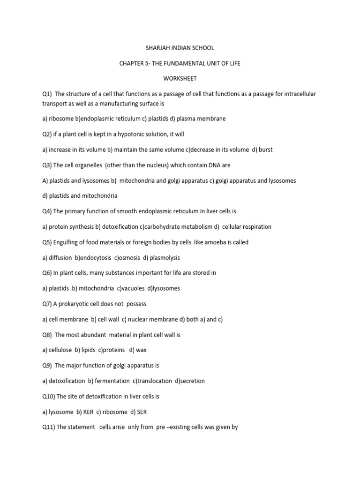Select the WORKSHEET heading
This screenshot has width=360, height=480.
pos(180,79)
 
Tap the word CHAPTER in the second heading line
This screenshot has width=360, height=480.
pos(134,63)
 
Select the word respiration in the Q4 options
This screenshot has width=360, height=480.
pos(256,226)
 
